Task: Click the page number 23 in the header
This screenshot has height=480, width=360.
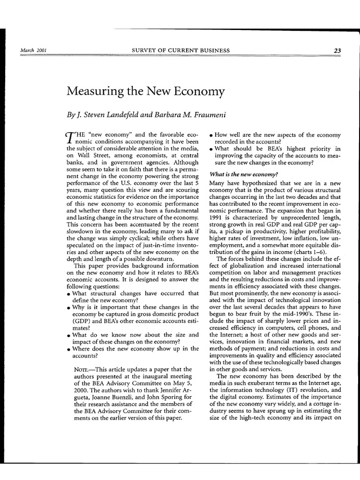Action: tap(337, 51)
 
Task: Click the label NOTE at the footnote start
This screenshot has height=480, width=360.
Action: tap(82, 369)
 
